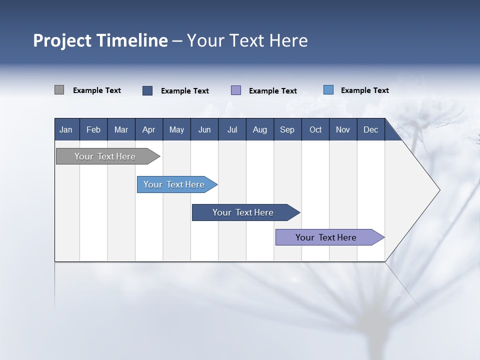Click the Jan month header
tap(66, 129)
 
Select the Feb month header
tap(93, 129)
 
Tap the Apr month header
tap(149, 129)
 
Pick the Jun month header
tap(204, 129)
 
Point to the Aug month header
tap(260, 129)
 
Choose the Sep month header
tap(287, 129)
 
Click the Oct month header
tap(315, 129)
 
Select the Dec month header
tap(371, 129)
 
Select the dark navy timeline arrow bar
tap(243, 212)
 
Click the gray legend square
tap(59, 90)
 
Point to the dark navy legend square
tap(147, 90)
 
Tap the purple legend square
tap(236, 90)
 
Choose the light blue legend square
tap(328, 90)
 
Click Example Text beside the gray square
tap(97, 90)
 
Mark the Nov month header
tap(343, 129)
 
